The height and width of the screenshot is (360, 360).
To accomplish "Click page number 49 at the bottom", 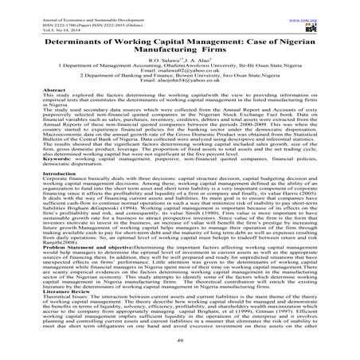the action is (x=180, y=348).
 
